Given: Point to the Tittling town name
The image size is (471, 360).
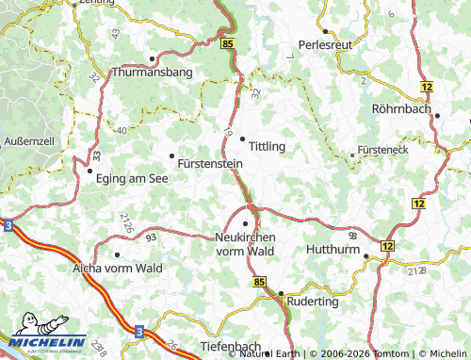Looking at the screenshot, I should (268, 146).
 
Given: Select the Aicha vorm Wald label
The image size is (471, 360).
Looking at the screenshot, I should (118, 269).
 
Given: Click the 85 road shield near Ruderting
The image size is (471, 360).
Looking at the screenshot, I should (260, 283).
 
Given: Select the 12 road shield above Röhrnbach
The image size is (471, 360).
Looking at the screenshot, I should (428, 87).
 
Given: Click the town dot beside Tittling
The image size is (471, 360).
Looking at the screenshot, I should (243, 139).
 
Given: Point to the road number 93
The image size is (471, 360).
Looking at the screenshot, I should (151, 237).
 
